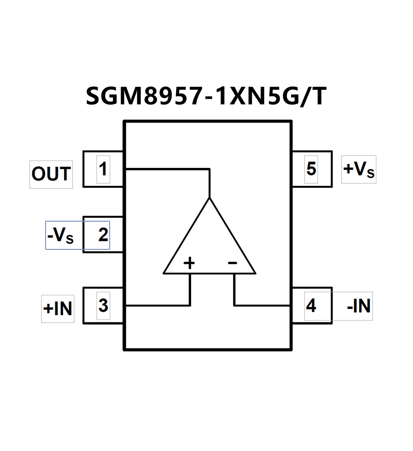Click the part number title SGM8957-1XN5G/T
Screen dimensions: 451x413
coord(206,96)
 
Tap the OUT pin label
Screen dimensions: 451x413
coord(51,174)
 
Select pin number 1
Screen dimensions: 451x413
coord(103,169)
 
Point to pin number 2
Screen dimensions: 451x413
coord(103,235)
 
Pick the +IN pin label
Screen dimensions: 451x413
coord(58,309)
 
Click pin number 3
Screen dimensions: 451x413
coord(103,306)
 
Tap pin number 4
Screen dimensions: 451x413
coord(311,306)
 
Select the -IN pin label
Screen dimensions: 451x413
coord(359,306)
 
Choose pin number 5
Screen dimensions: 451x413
coord(311,169)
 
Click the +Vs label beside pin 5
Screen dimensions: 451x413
coord(359,169)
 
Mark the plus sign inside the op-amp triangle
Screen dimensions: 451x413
coord(189,263)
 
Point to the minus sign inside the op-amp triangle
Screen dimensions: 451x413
coord(232,263)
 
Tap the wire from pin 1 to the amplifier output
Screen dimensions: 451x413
coord(167,169)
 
